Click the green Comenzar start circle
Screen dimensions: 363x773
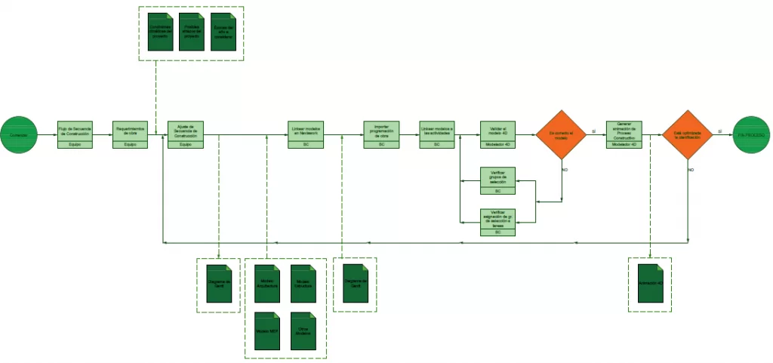(19, 134)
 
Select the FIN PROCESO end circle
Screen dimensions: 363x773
(752, 134)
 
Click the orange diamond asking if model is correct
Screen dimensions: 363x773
(561, 134)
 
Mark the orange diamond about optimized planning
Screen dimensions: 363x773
(688, 134)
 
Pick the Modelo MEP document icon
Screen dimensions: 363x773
(266, 331)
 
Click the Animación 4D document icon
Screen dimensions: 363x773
(649, 282)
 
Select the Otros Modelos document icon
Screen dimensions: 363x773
(303, 331)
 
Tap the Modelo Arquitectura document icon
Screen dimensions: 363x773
(266, 283)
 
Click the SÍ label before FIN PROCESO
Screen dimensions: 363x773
(720, 131)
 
